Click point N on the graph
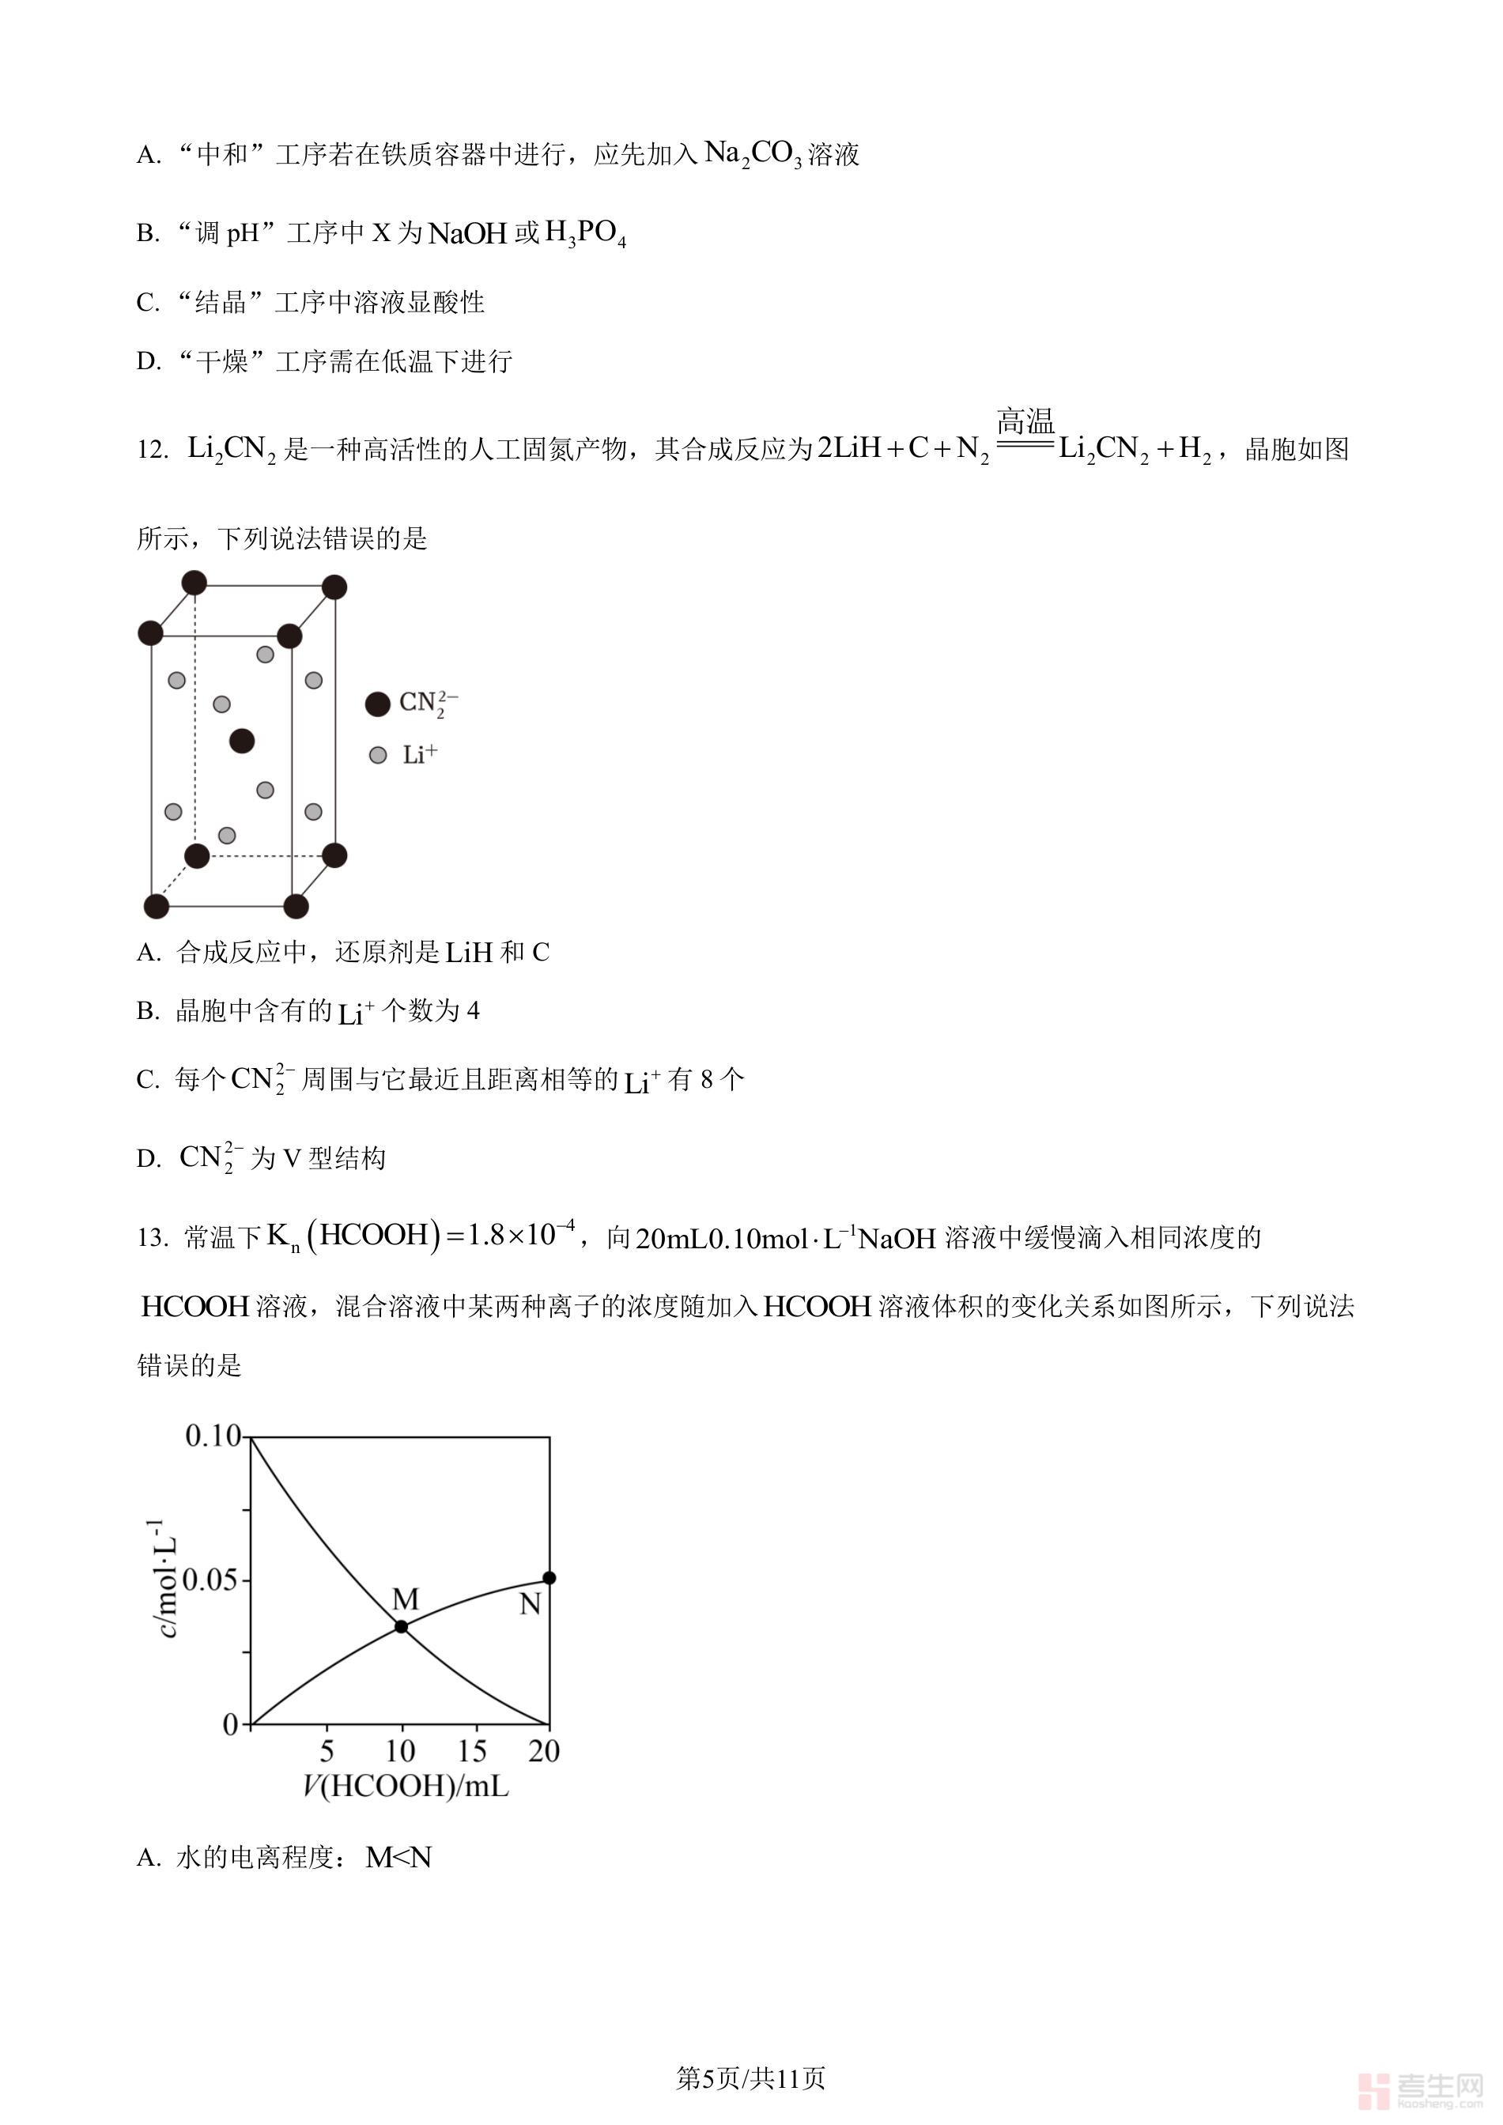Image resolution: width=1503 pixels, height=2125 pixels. tap(549, 1578)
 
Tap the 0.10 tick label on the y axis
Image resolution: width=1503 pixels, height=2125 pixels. tap(213, 1436)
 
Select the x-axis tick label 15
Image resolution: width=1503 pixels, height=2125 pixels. tap(472, 1751)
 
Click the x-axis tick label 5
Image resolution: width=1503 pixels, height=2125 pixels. tap(327, 1751)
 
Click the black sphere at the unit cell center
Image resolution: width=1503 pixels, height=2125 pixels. tap(242, 741)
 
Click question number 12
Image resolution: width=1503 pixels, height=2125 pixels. tap(152, 451)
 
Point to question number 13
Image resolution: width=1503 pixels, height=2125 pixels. tap(152, 1238)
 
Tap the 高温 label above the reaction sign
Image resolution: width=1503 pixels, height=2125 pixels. tap(1025, 423)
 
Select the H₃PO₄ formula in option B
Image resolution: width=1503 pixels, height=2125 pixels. tap(586, 233)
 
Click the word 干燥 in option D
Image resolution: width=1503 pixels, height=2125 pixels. tap(222, 361)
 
